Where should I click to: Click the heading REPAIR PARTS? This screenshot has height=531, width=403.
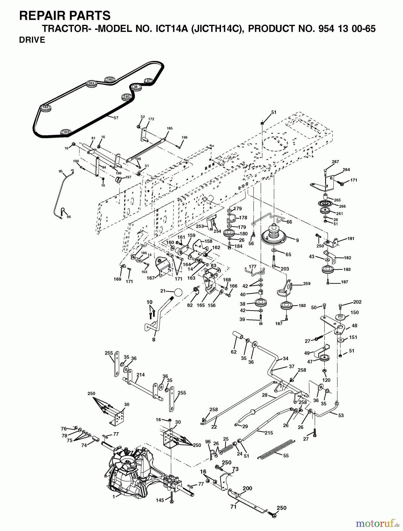click(x=65, y=15)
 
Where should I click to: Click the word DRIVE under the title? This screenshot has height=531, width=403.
click(x=32, y=40)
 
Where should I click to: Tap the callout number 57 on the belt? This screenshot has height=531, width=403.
click(x=116, y=118)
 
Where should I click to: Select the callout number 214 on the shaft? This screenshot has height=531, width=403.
click(x=140, y=375)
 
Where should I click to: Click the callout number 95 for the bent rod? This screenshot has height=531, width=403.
click(x=60, y=171)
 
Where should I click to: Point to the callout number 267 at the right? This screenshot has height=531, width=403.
click(x=335, y=162)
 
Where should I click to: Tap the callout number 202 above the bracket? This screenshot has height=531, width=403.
click(x=357, y=302)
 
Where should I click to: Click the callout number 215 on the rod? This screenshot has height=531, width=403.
click(x=268, y=433)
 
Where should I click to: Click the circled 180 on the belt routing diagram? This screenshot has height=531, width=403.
click(x=109, y=79)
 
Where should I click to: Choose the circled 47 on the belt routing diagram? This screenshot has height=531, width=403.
click(x=148, y=81)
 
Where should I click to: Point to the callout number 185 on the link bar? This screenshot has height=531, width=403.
click(x=170, y=129)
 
